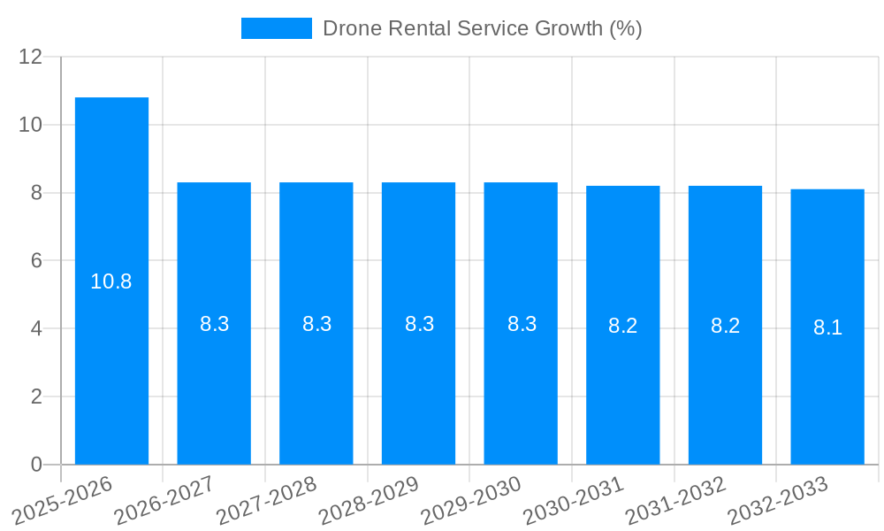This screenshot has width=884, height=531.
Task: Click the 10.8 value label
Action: coord(111,281)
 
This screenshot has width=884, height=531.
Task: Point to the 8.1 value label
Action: coord(827,327)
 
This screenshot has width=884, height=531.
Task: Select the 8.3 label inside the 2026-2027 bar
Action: coord(214,324)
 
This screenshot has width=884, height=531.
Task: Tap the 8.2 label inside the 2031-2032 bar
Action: coord(725,326)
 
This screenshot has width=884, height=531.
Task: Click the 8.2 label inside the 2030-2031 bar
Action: coord(623,326)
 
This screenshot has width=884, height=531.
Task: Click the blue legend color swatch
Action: coord(277,28)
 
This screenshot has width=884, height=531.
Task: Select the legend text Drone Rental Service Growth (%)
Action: coord(482,28)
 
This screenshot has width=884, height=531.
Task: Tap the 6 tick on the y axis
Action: coord(37,261)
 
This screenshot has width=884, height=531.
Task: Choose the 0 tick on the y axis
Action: coord(37,465)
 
